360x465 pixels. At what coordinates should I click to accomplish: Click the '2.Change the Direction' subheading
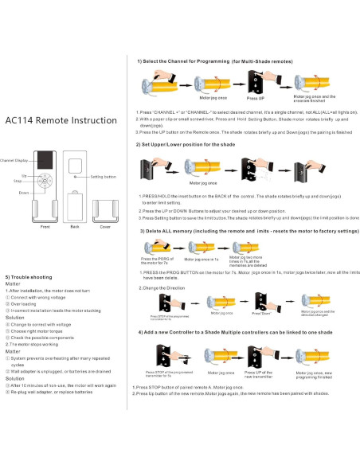tap(163, 287)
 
